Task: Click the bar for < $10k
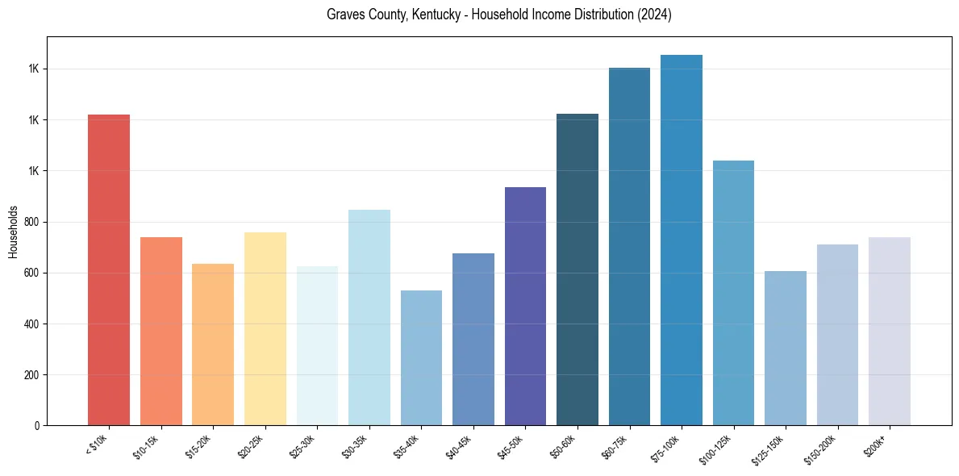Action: coord(109,270)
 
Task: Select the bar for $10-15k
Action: coord(161,331)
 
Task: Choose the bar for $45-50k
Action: coord(525,307)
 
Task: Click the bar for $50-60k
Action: coord(577,269)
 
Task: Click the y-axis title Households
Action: coord(14,232)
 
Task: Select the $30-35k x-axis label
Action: coord(360,447)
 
